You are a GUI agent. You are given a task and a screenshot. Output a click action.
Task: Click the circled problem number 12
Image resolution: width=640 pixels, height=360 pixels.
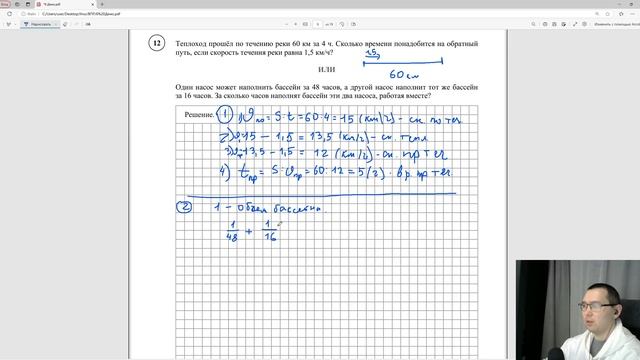click(157, 44)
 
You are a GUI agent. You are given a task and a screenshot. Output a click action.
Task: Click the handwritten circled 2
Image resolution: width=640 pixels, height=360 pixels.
click(184, 207)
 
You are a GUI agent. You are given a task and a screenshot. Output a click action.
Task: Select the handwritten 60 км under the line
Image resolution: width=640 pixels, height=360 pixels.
click(404, 75)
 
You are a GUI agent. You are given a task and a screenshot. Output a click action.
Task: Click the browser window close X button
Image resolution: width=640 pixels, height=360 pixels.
click(632, 5)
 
